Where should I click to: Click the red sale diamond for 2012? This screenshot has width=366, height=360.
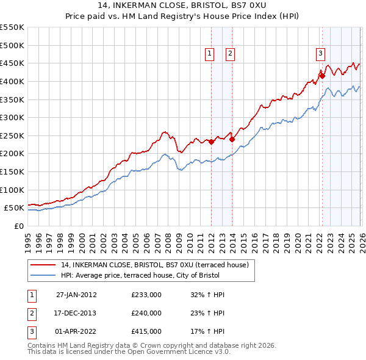(211, 142)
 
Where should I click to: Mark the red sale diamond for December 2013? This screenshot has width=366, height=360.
(232, 139)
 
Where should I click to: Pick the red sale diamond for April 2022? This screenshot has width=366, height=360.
(321, 76)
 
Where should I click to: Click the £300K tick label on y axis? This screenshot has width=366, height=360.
(12, 117)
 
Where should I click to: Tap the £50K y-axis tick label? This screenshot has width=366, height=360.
(15, 207)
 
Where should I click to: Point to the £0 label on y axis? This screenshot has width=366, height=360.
(18, 226)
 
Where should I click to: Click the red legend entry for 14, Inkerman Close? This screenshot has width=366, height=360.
(154, 265)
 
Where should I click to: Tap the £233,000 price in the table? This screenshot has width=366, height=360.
(146, 295)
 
